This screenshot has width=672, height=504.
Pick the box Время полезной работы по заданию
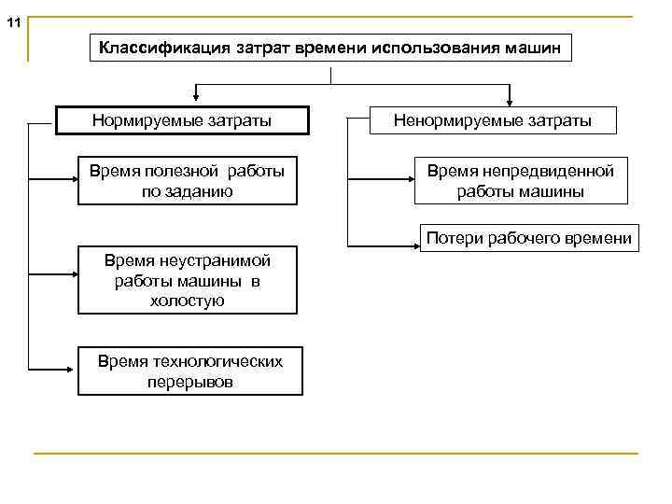tap(187, 181)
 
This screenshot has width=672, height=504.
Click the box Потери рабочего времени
tap(528, 238)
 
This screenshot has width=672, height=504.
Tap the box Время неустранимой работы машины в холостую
tap(188, 280)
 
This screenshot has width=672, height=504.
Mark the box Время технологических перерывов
tap(190, 371)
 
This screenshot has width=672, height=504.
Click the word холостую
tap(188, 300)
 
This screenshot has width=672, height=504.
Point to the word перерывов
tap(190, 382)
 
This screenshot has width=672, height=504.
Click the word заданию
tap(188, 192)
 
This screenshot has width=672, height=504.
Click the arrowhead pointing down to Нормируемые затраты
tap(194, 94)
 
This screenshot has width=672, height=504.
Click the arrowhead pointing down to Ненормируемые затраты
tap(510, 94)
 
